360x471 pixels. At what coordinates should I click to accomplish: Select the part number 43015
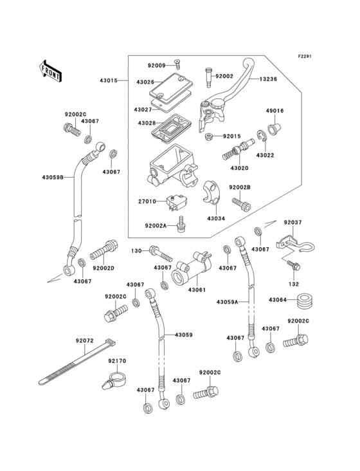pyautogui.click(x=109, y=80)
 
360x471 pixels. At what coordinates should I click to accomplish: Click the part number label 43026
pyautogui.click(x=145, y=82)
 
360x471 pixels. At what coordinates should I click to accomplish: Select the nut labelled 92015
pyautogui.click(x=209, y=137)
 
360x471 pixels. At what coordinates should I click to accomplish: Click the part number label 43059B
pyautogui.click(x=53, y=178)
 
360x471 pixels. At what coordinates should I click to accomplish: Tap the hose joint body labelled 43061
pyautogui.click(x=191, y=268)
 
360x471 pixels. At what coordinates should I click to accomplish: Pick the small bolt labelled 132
pyautogui.click(x=293, y=265)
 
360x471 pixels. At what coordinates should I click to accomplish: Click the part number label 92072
pyautogui.click(x=85, y=340)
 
